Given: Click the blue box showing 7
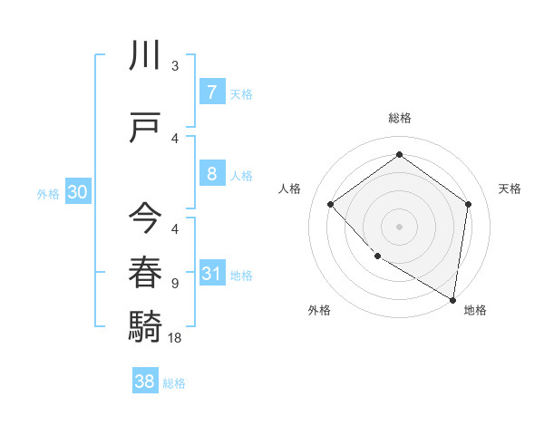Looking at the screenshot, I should coord(211,92).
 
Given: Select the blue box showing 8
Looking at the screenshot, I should coord(211,174).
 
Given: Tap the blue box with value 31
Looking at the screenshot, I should coord(211,274).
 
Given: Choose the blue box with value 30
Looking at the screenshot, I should coord(77,192).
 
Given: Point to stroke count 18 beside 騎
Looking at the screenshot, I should coord(175,337).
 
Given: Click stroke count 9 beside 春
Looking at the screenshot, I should coord(175,283).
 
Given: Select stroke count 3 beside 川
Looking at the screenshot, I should coord(175,65).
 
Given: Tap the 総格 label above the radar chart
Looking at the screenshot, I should coord(399,118).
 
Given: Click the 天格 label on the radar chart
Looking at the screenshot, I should coord(510,189).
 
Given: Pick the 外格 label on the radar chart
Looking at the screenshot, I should coord(319,310).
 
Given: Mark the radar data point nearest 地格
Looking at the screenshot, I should coord(452,299).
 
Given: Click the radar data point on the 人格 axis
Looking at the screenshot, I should coord(331,204).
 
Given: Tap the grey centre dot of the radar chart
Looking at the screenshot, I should coord(399,226).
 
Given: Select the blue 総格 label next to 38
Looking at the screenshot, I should coord(174,382).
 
